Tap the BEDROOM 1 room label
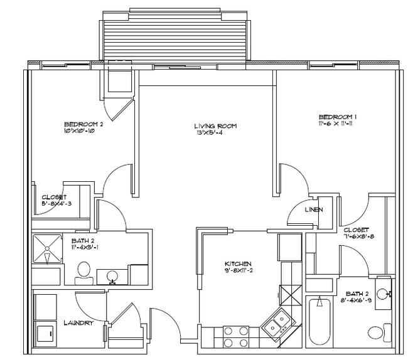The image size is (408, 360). [338, 117]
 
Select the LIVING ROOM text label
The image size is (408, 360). [215, 126]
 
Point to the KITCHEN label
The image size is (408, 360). [239, 263]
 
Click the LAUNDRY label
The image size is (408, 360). [78, 323]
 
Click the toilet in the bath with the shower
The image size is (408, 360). [82, 271]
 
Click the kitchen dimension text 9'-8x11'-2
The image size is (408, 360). [239, 271]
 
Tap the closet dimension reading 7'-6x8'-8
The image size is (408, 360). [356, 238]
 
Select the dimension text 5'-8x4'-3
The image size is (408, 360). [58, 203]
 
